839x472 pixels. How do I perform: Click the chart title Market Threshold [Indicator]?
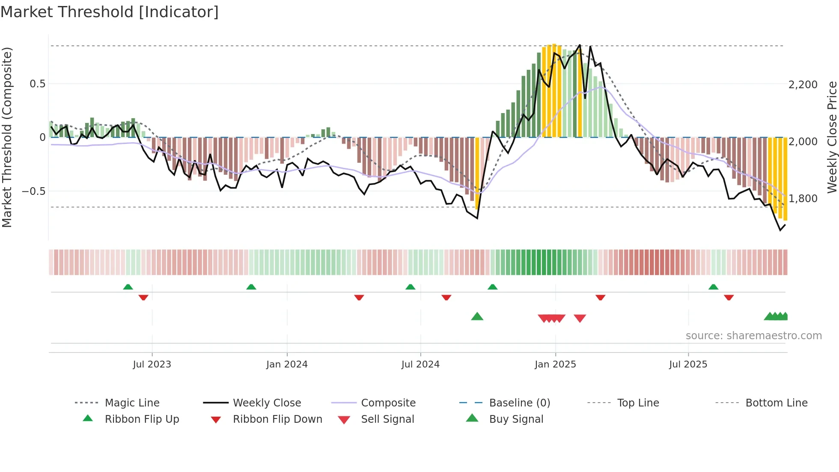coord(110,12)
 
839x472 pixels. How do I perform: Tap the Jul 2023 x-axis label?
coord(152,364)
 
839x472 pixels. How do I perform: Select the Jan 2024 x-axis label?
coord(287,364)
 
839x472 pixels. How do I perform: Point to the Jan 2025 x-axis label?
coord(555,364)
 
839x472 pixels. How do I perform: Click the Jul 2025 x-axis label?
coord(688,364)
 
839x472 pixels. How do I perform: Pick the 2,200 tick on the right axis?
coord(803,85)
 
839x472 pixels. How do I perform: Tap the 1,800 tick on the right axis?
coord(803,199)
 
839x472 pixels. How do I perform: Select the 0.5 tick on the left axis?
coord(37,84)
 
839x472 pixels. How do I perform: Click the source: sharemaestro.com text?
coord(753,336)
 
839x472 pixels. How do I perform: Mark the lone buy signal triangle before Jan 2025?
coord(477,317)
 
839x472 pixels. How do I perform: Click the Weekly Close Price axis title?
coord(832,137)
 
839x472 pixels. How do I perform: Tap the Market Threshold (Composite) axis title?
coord(7,137)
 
